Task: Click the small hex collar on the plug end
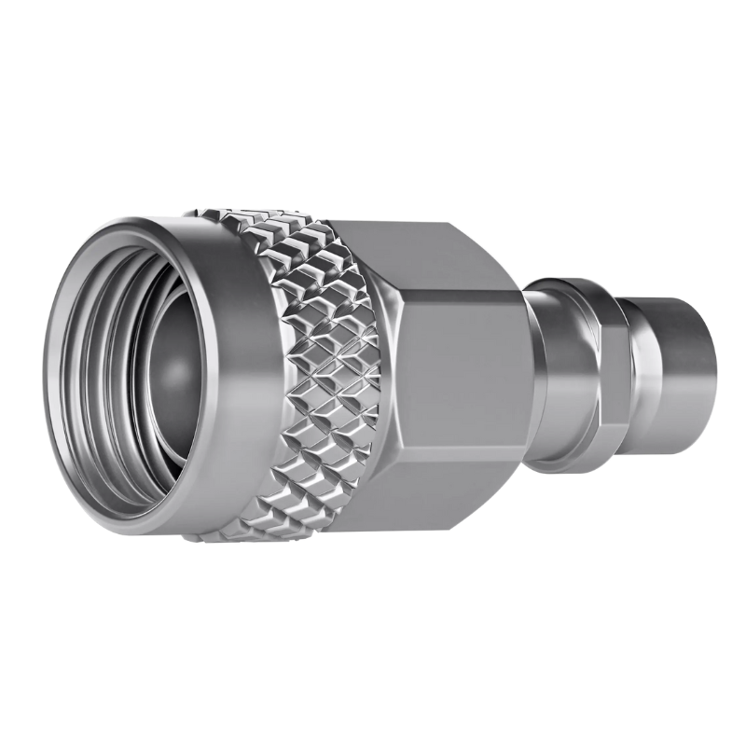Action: pos(611,378)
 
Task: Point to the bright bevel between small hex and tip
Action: pos(639,373)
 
